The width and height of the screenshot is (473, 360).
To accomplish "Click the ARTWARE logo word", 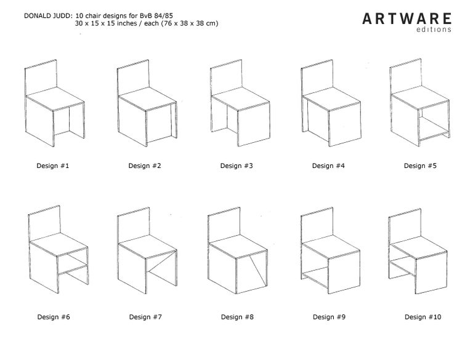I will click(x=406, y=18).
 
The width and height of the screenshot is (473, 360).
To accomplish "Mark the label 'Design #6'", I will click(x=53, y=317).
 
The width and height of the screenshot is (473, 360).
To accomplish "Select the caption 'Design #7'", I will click(x=145, y=317).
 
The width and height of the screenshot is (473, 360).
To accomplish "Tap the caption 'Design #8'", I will click(x=236, y=317).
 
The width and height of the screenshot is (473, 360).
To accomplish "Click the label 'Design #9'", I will click(x=328, y=317).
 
